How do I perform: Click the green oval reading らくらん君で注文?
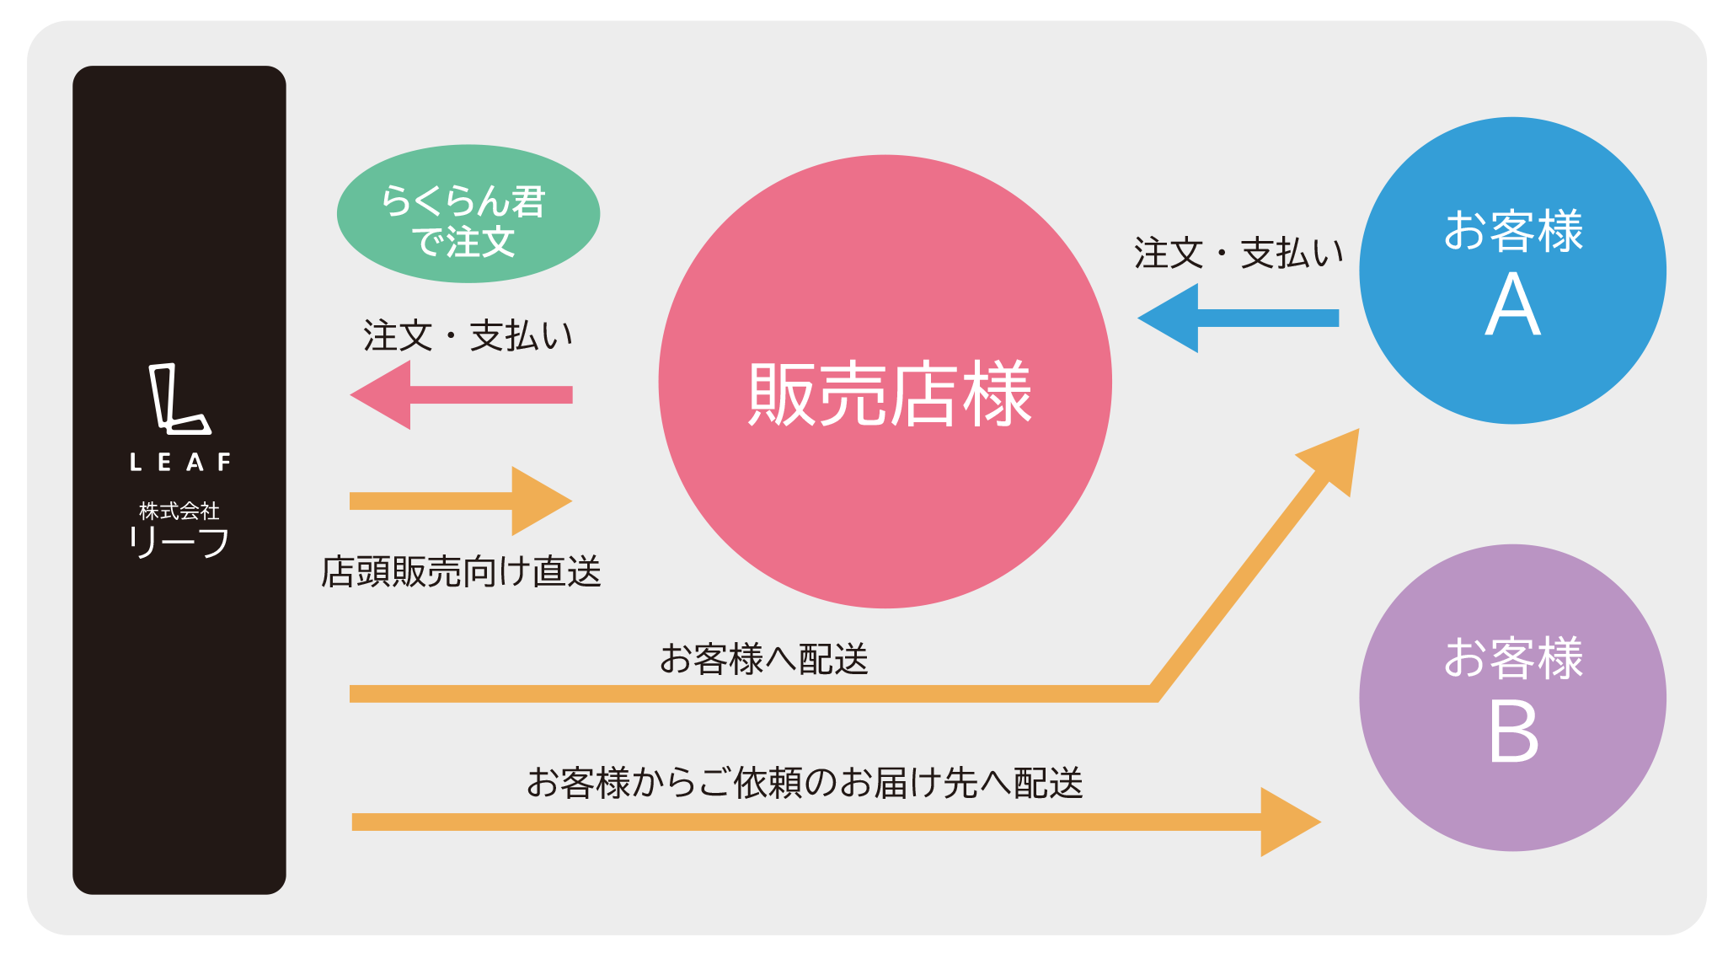tap(468, 214)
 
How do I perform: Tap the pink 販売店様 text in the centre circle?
tap(889, 394)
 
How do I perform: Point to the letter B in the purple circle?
tap(1513, 732)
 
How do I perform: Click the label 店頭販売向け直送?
tap(461, 571)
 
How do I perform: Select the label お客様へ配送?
tap(763, 659)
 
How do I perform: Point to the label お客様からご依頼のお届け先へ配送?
tap(805, 783)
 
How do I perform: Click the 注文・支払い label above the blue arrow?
tap(1238, 253)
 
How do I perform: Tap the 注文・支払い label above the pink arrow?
tap(468, 335)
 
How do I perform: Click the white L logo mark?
tap(178, 399)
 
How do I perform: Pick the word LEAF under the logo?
tap(179, 463)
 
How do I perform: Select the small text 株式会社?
tap(179, 511)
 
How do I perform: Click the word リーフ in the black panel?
tap(179, 542)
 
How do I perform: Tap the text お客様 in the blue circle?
tap(1513, 231)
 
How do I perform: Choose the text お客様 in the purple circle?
tap(1513, 658)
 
